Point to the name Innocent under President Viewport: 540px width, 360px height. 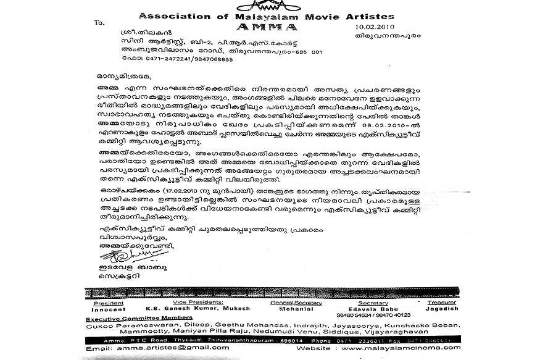tap(108, 308)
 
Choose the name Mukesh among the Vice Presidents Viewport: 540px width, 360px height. tap(214, 308)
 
